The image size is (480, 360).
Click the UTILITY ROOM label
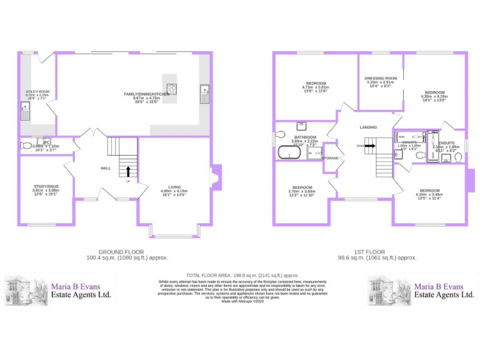pyautogui.click(x=37, y=91)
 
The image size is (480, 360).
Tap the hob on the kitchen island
pyautogui.click(x=171, y=89)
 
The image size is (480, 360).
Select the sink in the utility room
pyautogui.click(x=26, y=113)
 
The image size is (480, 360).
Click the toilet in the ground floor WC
pyautogui.click(x=26, y=146)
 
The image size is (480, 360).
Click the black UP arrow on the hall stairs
pyautogui.click(x=129, y=171)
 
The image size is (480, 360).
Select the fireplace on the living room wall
pyautogui.click(x=216, y=176)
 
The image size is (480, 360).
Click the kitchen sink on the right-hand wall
pyautogui.click(x=204, y=94)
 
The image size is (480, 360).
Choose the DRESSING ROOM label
pyautogui.click(x=381, y=78)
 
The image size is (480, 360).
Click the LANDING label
pyautogui.click(x=368, y=127)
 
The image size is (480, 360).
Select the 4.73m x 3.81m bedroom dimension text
pyautogui.click(x=316, y=87)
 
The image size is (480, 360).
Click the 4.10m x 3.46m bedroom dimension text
pyautogui.click(x=429, y=195)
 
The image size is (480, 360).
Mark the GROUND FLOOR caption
pyautogui.click(x=127, y=251)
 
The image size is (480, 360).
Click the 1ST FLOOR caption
pyautogui.click(x=376, y=251)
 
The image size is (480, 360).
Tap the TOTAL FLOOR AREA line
pyautogui.click(x=242, y=275)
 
